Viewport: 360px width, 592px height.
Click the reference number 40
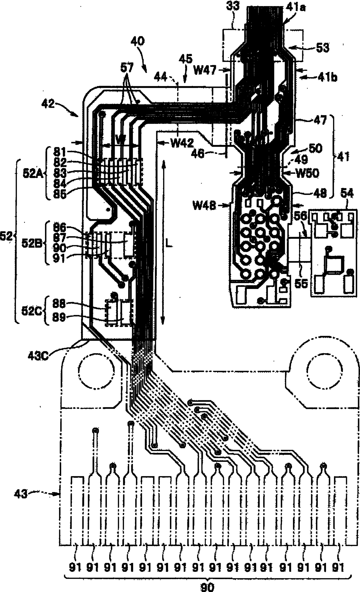(137, 41)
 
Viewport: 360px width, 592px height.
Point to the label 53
(322, 48)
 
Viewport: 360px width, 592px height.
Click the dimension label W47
(205, 70)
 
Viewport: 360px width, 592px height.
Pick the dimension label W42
(182, 143)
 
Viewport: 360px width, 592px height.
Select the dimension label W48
(204, 206)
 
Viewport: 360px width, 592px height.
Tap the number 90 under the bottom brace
(207, 587)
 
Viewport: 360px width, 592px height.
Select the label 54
(347, 194)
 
